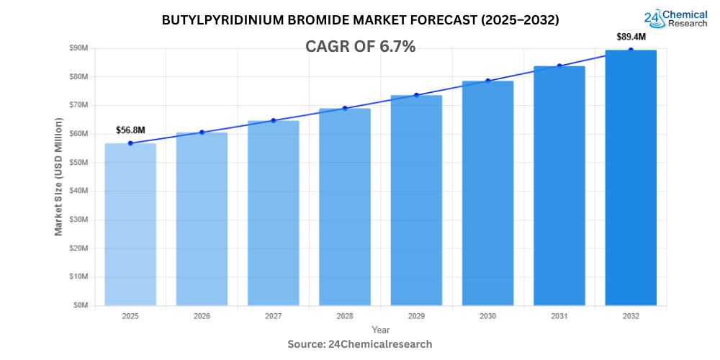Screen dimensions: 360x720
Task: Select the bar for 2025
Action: (130, 224)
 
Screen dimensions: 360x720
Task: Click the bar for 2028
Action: (345, 207)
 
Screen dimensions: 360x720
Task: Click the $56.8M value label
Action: (130, 130)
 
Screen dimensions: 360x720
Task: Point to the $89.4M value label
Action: (631, 37)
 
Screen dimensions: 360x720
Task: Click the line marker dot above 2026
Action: (202, 132)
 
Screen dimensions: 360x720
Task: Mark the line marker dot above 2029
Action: (416, 95)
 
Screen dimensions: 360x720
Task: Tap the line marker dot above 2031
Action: (559, 66)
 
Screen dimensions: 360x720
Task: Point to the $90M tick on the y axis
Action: (78, 48)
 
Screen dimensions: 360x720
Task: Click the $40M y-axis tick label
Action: (78, 191)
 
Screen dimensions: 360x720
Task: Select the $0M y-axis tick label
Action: (81, 305)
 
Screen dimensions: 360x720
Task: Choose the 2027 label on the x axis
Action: (273, 316)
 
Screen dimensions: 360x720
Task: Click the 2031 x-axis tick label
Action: (559, 316)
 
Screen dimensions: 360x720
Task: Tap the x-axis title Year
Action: (380, 329)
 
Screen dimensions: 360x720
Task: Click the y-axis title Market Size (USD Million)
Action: (58, 176)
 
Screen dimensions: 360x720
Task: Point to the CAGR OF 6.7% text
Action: (360, 47)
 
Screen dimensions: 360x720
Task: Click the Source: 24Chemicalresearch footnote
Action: (360, 344)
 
